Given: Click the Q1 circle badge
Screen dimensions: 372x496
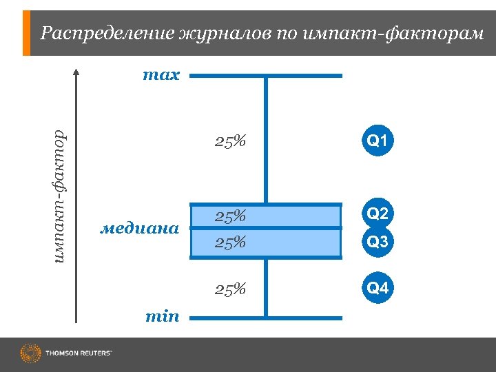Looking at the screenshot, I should tap(378, 141).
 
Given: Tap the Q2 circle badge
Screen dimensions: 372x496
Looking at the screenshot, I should tap(378, 214).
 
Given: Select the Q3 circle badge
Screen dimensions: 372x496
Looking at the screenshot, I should tap(378, 242).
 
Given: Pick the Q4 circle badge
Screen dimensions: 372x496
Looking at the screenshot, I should tap(378, 288).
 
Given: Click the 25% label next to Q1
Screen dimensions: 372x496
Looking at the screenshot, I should tap(230, 142).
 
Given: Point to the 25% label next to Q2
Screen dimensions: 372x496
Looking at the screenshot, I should tap(230, 216).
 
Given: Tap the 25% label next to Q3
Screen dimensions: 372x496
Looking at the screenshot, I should tap(230, 242).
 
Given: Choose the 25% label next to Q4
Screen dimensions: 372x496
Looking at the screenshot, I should tap(230, 289).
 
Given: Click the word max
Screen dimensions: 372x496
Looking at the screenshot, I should tap(161, 75).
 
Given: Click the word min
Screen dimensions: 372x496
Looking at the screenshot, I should tap(162, 316).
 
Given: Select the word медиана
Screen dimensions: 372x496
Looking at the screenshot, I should tap(140, 227).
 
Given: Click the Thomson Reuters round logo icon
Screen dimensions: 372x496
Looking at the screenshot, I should tap(30, 354).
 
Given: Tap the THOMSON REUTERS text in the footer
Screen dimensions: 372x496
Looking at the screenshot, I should tap(79, 354).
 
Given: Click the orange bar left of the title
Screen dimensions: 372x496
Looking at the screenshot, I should tap(27, 33).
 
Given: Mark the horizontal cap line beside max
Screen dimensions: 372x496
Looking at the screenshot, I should tap(265, 76).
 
